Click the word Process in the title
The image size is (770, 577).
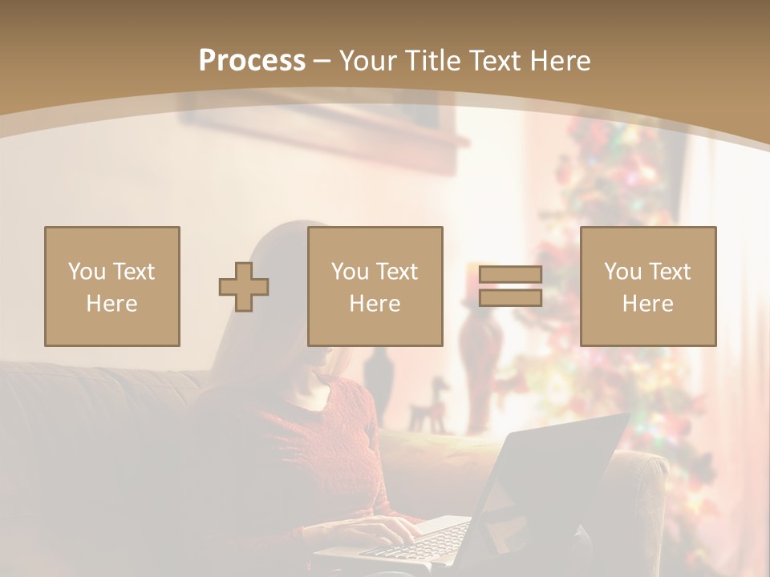click(x=252, y=61)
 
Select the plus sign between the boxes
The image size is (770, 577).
click(x=244, y=287)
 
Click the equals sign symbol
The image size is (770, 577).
click(x=510, y=286)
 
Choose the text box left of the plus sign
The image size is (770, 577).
click(x=112, y=287)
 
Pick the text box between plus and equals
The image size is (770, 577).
click(x=375, y=287)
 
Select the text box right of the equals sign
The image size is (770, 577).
click(x=648, y=287)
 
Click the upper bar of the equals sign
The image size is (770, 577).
click(x=510, y=274)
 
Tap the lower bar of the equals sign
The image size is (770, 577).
click(x=510, y=297)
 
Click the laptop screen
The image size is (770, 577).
click(x=553, y=481)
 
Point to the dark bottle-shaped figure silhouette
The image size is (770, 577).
click(x=377, y=381)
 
